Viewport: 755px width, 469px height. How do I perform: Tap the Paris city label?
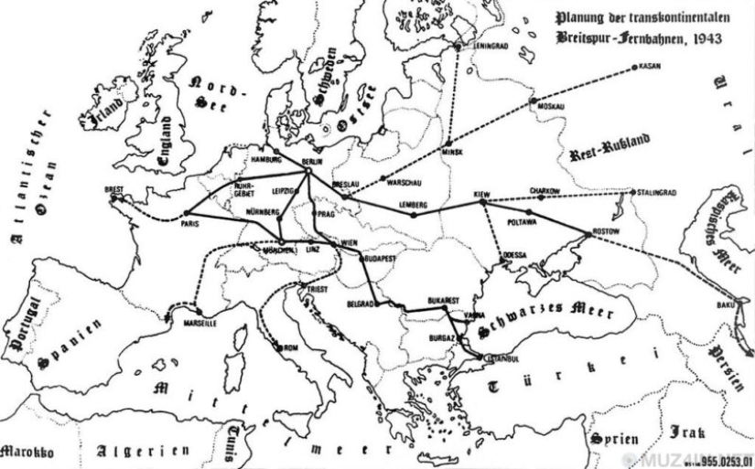pos(190,222)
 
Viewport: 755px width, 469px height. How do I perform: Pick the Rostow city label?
pos(606,231)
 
